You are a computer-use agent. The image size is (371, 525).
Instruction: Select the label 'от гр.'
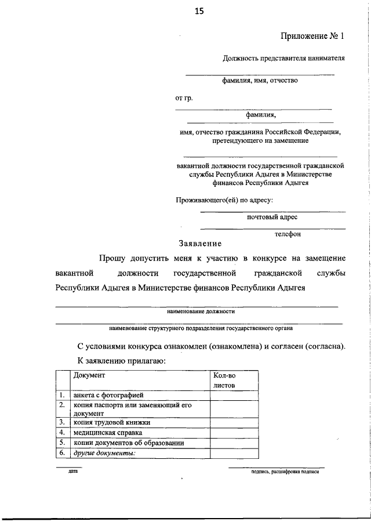pos(184,98)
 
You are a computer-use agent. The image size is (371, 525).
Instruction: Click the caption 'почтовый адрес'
pos(272,217)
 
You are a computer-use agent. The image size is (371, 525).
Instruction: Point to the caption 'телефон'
pos(288,234)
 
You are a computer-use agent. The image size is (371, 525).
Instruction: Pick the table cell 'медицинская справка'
pos(104,433)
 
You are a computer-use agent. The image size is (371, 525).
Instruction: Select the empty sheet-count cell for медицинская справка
pos(234,433)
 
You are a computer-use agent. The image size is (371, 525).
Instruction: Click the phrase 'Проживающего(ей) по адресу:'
pos(224,201)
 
